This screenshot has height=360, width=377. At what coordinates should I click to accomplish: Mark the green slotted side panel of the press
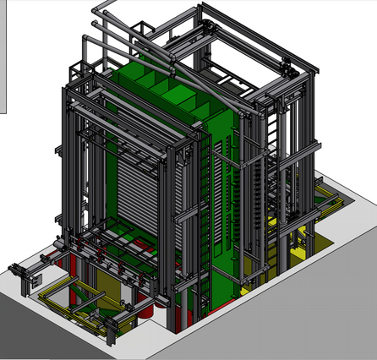221,194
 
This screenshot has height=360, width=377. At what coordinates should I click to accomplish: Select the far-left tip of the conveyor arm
13,270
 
